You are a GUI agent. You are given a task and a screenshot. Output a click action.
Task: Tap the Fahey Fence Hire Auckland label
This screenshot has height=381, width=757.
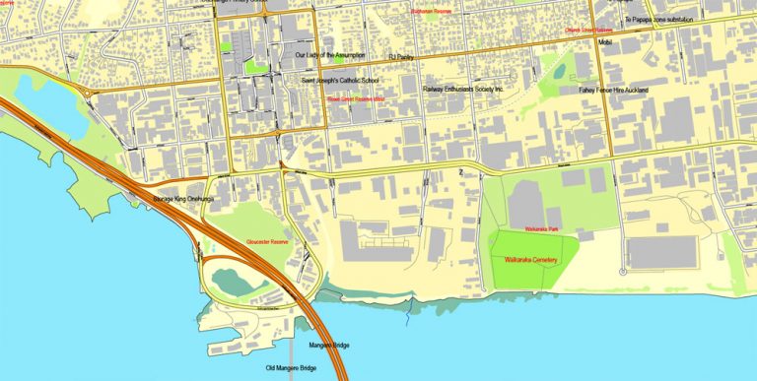click(612, 90)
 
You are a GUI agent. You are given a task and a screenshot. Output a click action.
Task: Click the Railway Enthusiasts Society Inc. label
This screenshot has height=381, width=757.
click(462, 89)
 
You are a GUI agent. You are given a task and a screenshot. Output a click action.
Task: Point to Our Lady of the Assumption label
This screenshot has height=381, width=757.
click(336, 55)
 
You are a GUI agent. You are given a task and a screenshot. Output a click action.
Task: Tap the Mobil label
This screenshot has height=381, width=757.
click(606, 42)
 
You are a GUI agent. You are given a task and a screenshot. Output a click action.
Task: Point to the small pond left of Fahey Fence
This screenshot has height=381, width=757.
click(559, 71)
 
